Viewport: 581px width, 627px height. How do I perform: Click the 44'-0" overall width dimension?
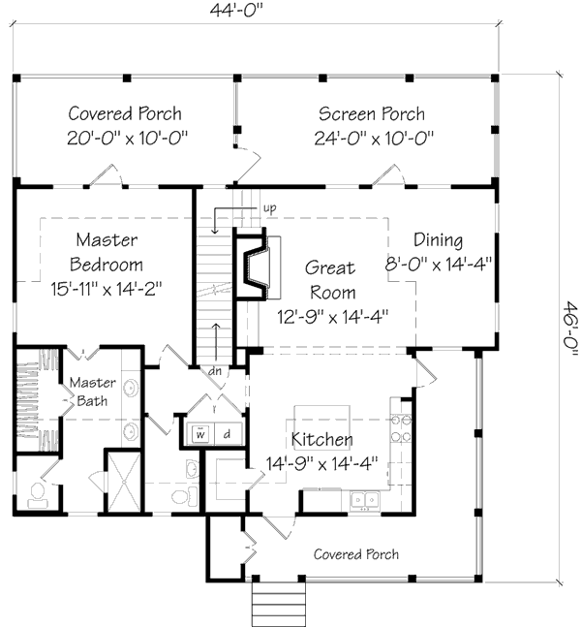[238, 11]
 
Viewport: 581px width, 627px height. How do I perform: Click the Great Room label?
[331, 280]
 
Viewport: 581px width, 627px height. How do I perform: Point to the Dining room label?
[439, 239]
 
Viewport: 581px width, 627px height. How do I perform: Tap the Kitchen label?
[322, 439]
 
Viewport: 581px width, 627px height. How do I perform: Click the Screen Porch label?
[372, 114]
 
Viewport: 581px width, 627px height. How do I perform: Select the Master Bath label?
[92, 392]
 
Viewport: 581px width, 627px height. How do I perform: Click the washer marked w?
[200, 433]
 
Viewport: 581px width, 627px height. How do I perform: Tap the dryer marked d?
[227, 434]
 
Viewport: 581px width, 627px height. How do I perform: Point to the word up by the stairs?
[270, 208]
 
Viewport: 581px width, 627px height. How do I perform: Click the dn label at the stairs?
[215, 371]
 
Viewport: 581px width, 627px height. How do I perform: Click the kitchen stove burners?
[401, 428]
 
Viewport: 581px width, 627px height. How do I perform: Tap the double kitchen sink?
[365, 500]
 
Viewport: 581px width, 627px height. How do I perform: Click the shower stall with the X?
[124, 482]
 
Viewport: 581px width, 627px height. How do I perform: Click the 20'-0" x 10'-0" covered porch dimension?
[127, 139]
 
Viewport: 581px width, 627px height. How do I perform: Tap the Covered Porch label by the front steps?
[356, 554]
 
